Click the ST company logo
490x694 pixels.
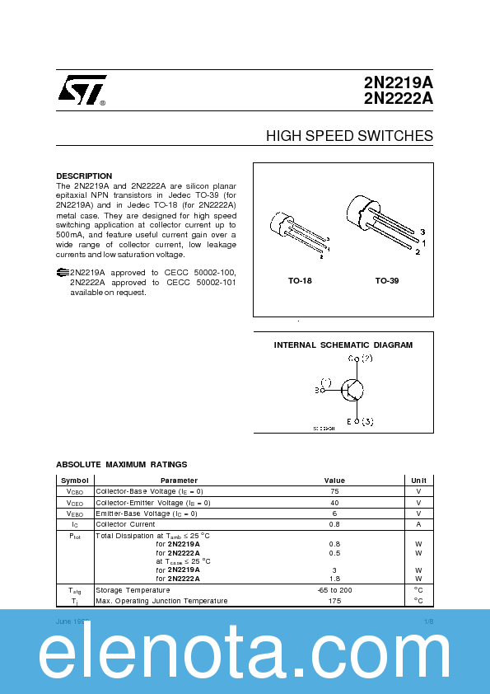point(81,91)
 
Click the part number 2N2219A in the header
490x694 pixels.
point(398,83)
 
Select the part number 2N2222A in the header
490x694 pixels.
point(398,99)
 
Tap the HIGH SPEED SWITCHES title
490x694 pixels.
point(349,136)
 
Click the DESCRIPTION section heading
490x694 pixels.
point(84,176)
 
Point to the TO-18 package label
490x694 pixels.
point(300,281)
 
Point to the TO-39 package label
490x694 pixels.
point(387,281)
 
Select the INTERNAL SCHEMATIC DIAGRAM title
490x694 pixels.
point(343,345)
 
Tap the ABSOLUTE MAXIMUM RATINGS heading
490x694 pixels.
point(121,465)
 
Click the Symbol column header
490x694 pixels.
point(75,481)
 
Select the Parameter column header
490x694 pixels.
point(179,481)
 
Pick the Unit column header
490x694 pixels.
point(418,481)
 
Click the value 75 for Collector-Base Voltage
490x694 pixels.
point(334,491)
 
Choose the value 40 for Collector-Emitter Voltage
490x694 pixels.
point(334,503)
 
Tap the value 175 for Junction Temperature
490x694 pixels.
point(334,601)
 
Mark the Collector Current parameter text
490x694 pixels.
point(125,524)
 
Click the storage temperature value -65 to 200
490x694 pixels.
point(334,590)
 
